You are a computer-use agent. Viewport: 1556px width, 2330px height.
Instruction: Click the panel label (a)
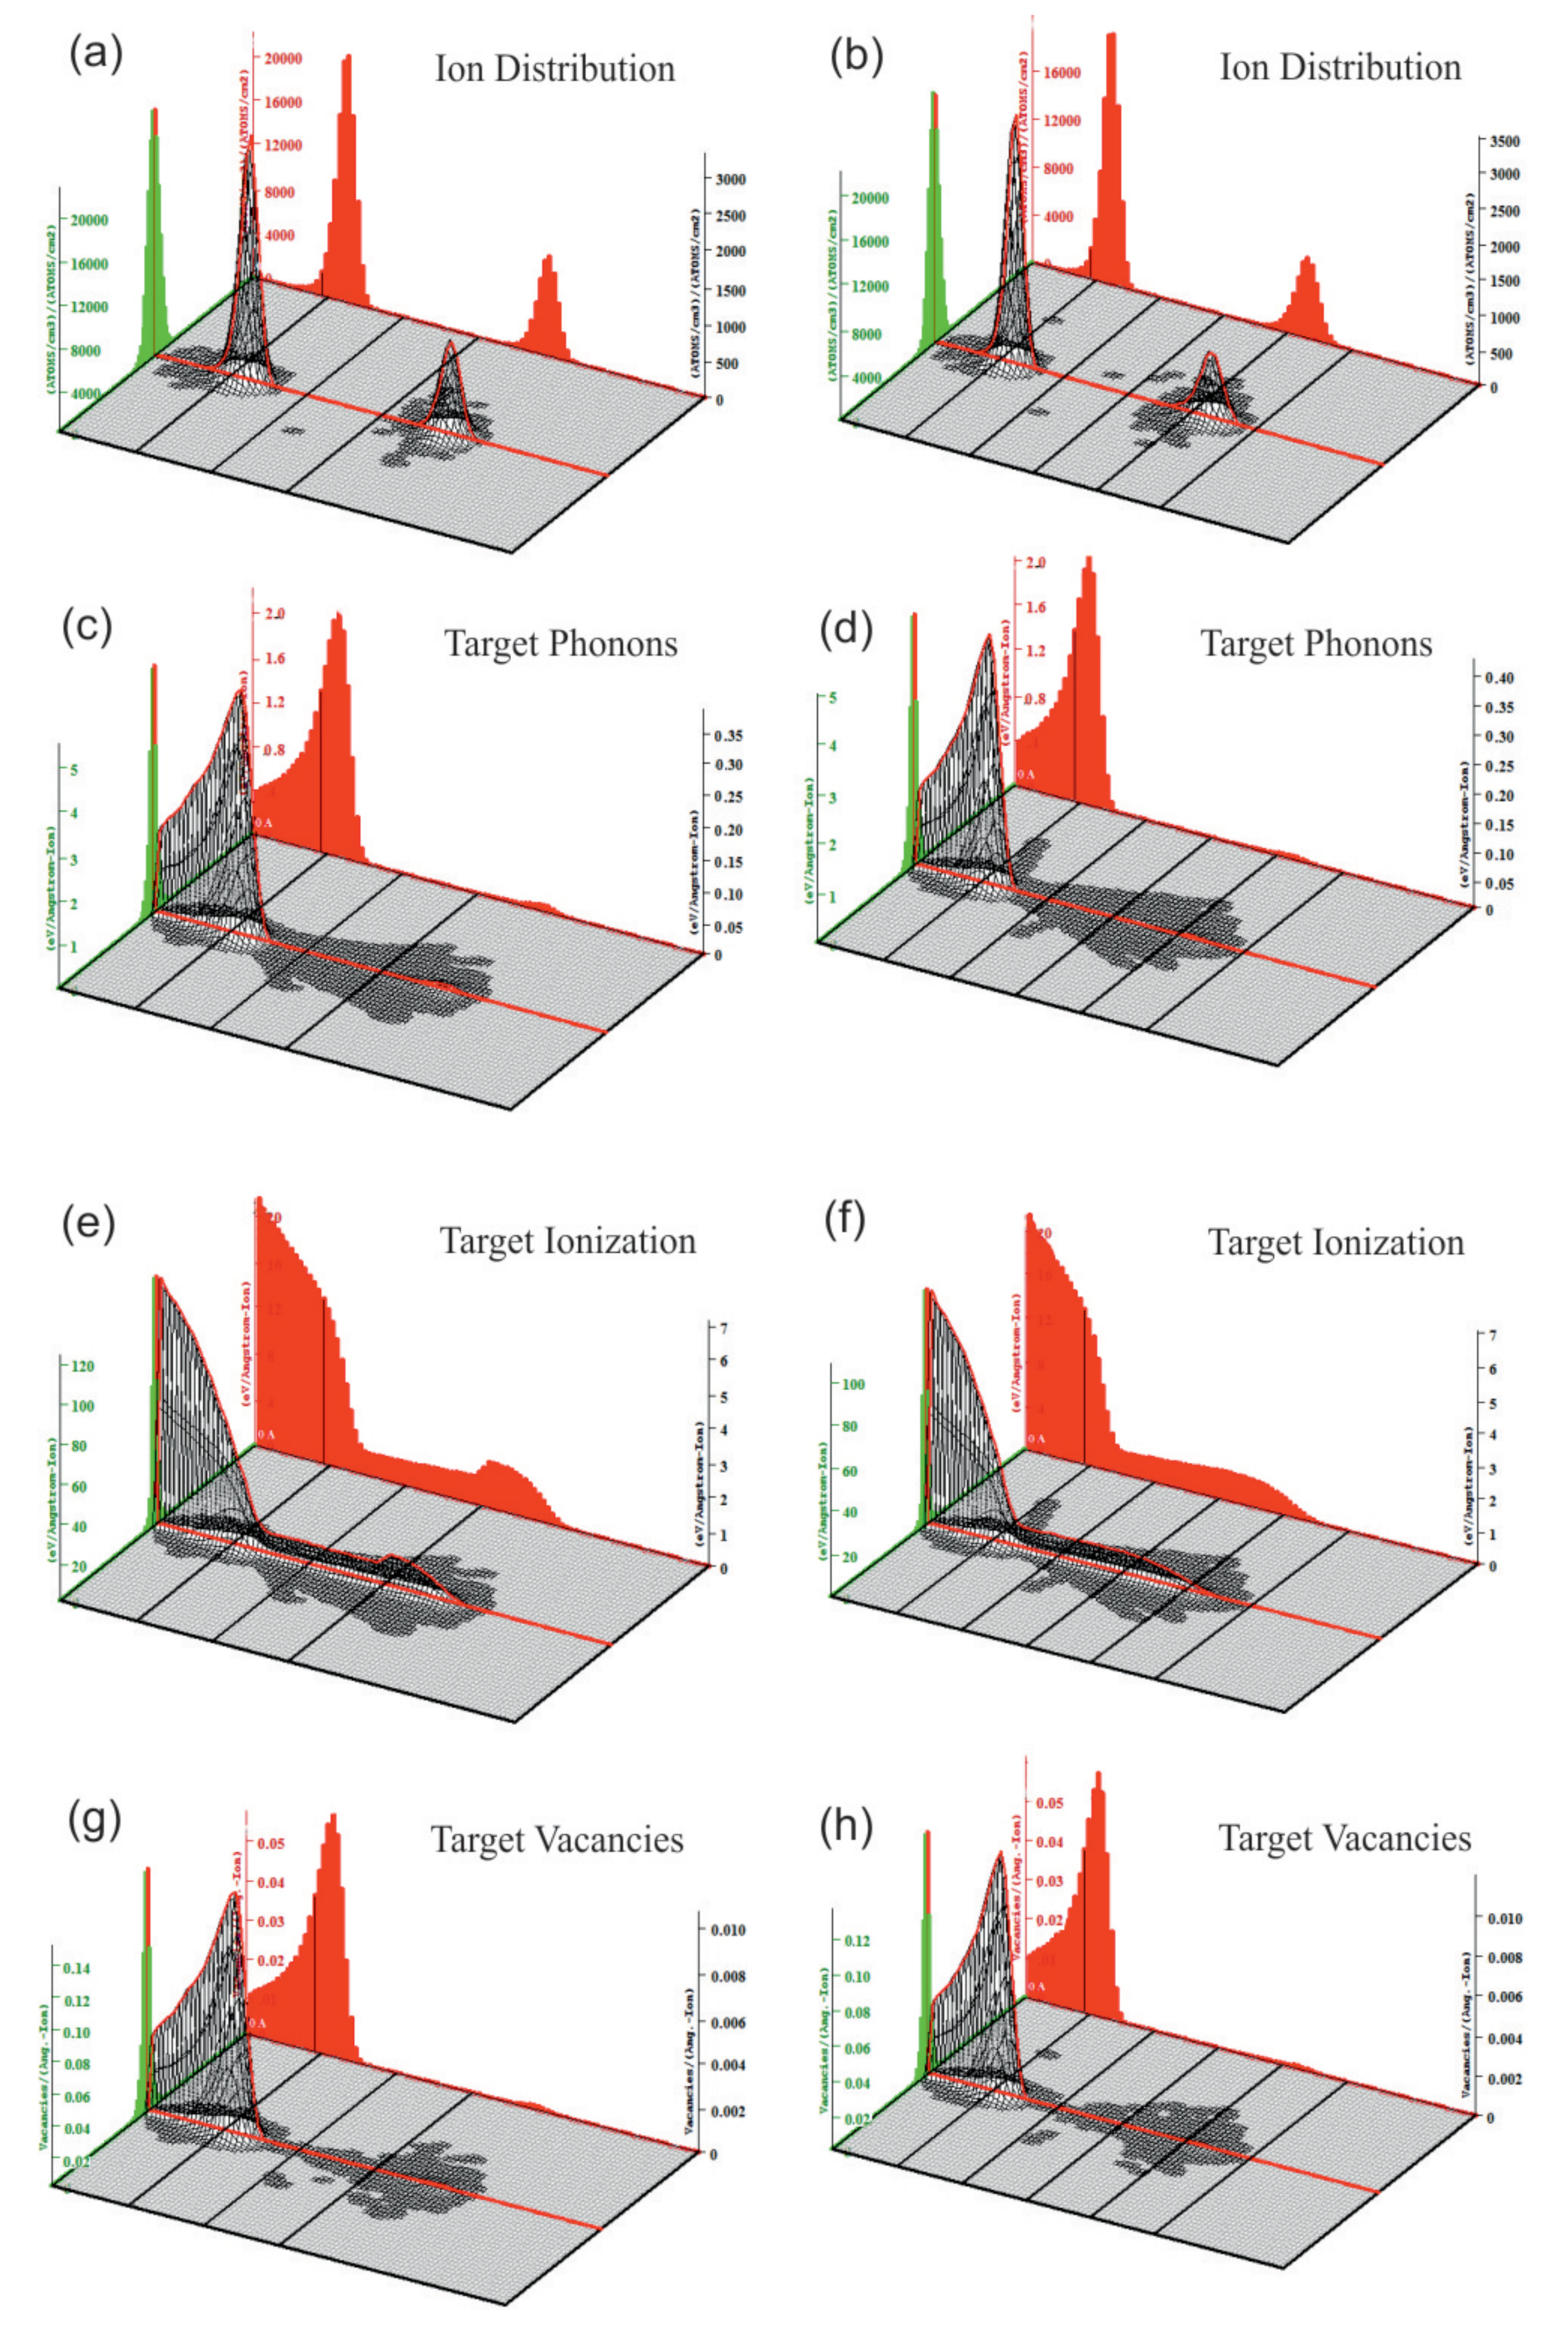point(95,54)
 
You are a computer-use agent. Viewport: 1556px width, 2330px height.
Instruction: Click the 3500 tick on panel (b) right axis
point(1504,142)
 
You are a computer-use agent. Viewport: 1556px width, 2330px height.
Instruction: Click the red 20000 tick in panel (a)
point(283,58)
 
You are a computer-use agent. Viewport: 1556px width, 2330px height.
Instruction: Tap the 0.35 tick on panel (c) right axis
point(729,735)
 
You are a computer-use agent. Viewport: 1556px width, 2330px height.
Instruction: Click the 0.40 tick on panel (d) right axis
point(1498,678)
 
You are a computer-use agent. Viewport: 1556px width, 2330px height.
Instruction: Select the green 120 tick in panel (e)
point(83,1366)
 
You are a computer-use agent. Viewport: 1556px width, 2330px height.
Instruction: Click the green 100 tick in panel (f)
point(852,1384)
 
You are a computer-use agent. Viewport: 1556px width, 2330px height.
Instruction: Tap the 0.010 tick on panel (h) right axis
point(1504,1918)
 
